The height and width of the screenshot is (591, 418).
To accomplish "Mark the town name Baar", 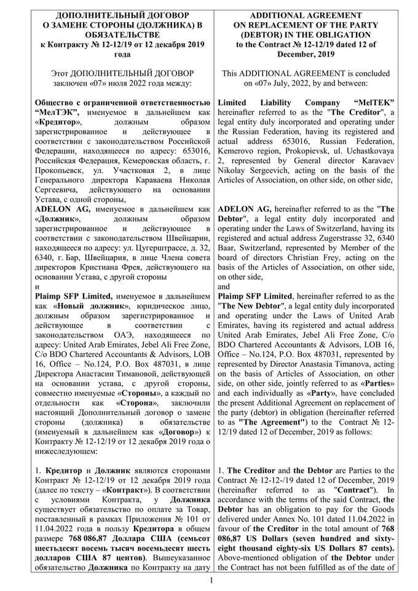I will [x=228, y=238].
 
